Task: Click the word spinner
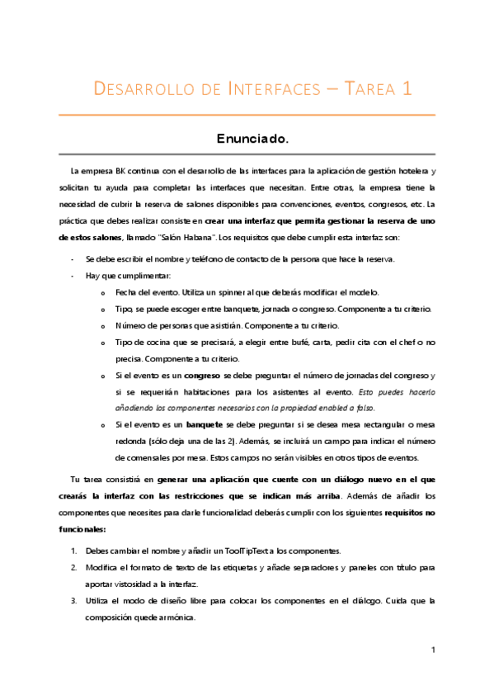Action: coord(220,293)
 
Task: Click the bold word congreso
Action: coord(200,376)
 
